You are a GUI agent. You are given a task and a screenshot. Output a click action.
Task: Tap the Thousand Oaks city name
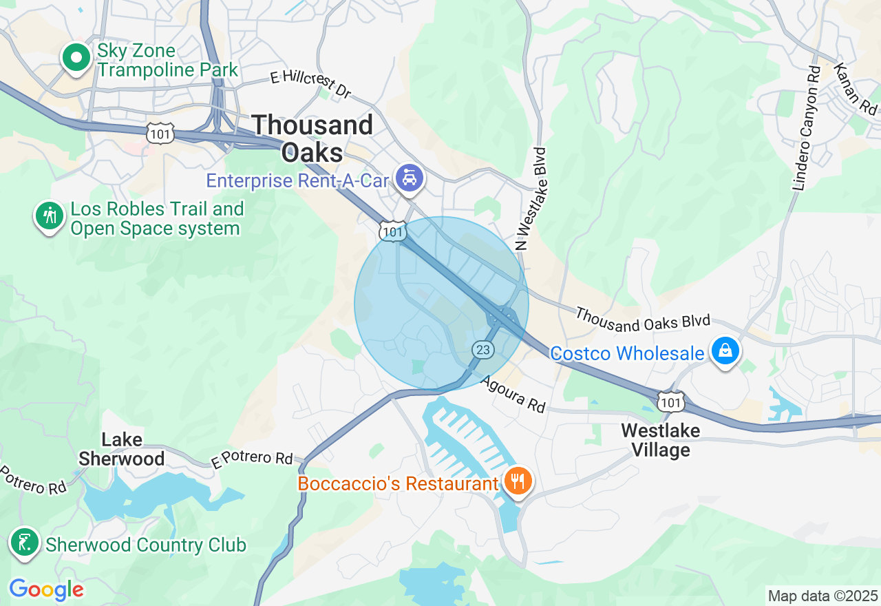coord(312,138)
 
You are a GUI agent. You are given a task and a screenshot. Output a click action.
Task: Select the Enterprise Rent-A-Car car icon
coord(410,180)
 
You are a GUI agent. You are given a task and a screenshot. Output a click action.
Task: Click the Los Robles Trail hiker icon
coord(50,216)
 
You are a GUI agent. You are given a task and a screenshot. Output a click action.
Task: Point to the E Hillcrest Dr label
coord(310,84)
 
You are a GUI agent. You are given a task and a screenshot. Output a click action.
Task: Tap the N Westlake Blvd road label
coord(531,199)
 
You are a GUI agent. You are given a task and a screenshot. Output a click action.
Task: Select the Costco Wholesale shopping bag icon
coord(725,351)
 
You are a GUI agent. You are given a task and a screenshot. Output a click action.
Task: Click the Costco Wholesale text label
coord(627,353)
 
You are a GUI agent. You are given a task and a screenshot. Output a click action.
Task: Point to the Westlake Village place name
coord(660,441)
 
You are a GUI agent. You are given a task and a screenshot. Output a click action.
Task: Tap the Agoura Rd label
coord(513,395)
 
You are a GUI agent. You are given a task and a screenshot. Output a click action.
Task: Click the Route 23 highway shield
coord(483,350)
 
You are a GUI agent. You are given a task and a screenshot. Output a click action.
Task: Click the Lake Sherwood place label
coord(122,449)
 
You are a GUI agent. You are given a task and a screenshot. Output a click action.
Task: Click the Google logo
coord(46,589)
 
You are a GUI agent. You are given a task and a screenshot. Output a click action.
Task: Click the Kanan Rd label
coord(856,89)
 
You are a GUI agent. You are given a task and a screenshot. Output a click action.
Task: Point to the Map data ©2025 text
coord(822,596)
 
